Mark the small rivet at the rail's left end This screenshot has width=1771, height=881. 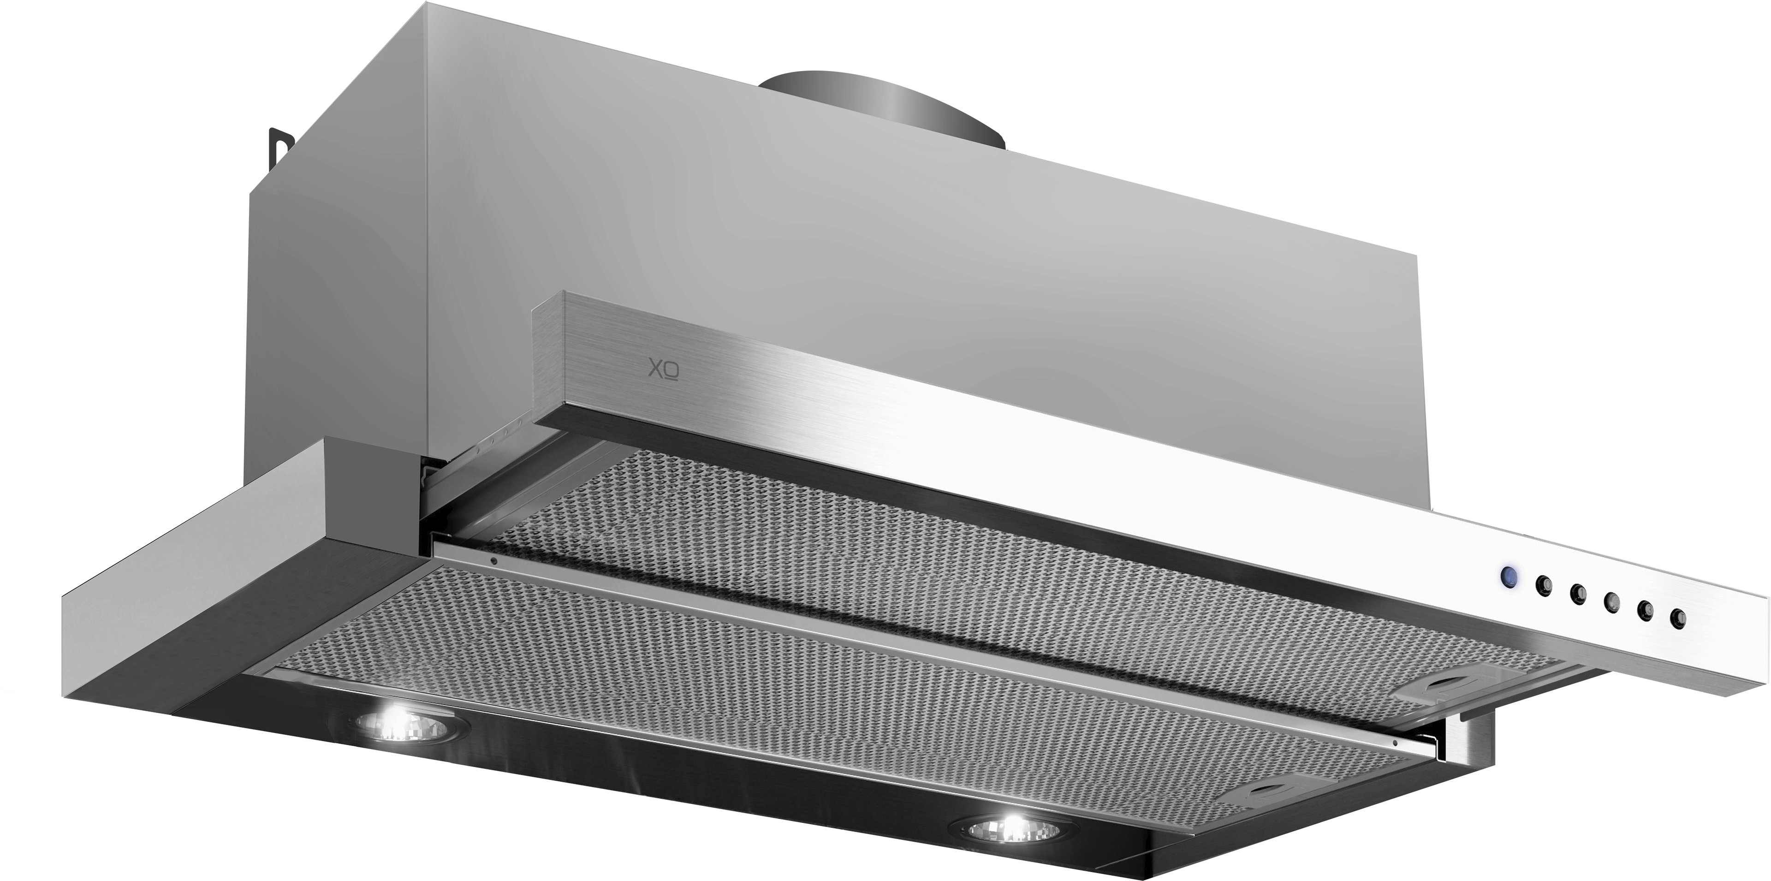[x=493, y=560]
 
